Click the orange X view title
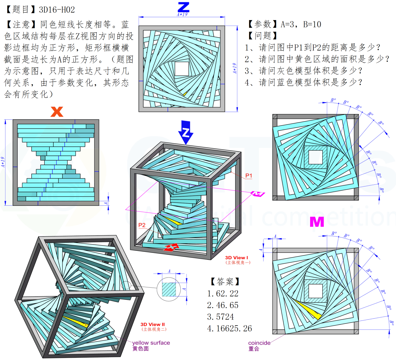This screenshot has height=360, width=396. click(x=57, y=112)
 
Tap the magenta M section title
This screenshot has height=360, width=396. click(x=316, y=222)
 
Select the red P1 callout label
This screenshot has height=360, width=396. click(x=249, y=176)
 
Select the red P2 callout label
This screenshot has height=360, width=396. click(x=142, y=225)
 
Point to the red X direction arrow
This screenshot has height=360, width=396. click(x=171, y=247)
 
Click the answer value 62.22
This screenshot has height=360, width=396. click(x=227, y=294)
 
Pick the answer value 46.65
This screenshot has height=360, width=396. click(x=227, y=305)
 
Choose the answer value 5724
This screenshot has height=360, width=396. click(x=225, y=317)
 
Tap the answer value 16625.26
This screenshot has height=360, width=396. click(x=234, y=328)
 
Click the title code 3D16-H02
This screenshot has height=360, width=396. click(x=57, y=10)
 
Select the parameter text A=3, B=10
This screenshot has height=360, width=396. click(x=301, y=24)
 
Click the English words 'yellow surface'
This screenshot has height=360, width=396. click(x=151, y=343)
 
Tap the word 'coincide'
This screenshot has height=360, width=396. click(x=260, y=343)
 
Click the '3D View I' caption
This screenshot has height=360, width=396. click(x=236, y=258)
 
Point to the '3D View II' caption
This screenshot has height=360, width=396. click(x=153, y=324)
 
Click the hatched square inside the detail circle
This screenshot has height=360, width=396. click(x=169, y=289)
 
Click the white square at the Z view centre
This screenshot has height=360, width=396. click(x=182, y=69)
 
